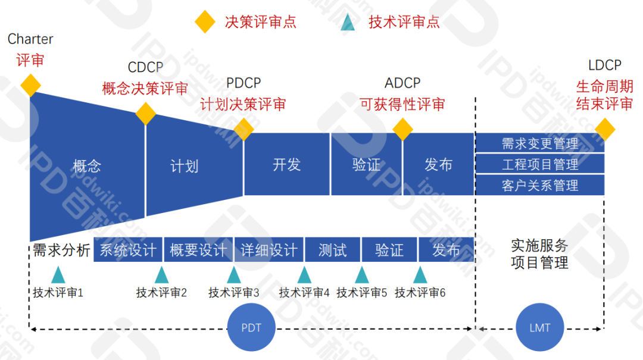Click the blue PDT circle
pyautogui.click(x=251, y=328)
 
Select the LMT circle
pyautogui.click(x=539, y=328)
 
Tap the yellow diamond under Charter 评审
pyautogui.click(x=30, y=85)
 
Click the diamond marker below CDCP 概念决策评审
pyautogui.click(x=145, y=113)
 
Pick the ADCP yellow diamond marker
pyautogui.click(x=402, y=129)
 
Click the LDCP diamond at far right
pyautogui.click(x=605, y=129)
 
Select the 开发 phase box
pyautogui.click(x=286, y=165)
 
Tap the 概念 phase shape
pyautogui.click(x=87, y=165)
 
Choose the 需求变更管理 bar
pyautogui.click(x=539, y=143)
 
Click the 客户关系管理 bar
pyautogui.click(x=539, y=185)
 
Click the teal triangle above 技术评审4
pyautogui.click(x=304, y=275)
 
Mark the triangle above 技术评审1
pyautogui.click(x=58, y=275)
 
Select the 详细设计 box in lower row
pyautogui.click(x=269, y=250)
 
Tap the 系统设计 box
pyautogui.click(x=127, y=250)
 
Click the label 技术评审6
pyautogui.click(x=420, y=293)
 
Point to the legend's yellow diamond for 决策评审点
pyautogui.click(x=205, y=23)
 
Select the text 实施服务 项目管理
pyautogui.click(x=539, y=253)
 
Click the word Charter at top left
pyautogui.click(x=30, y=39)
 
